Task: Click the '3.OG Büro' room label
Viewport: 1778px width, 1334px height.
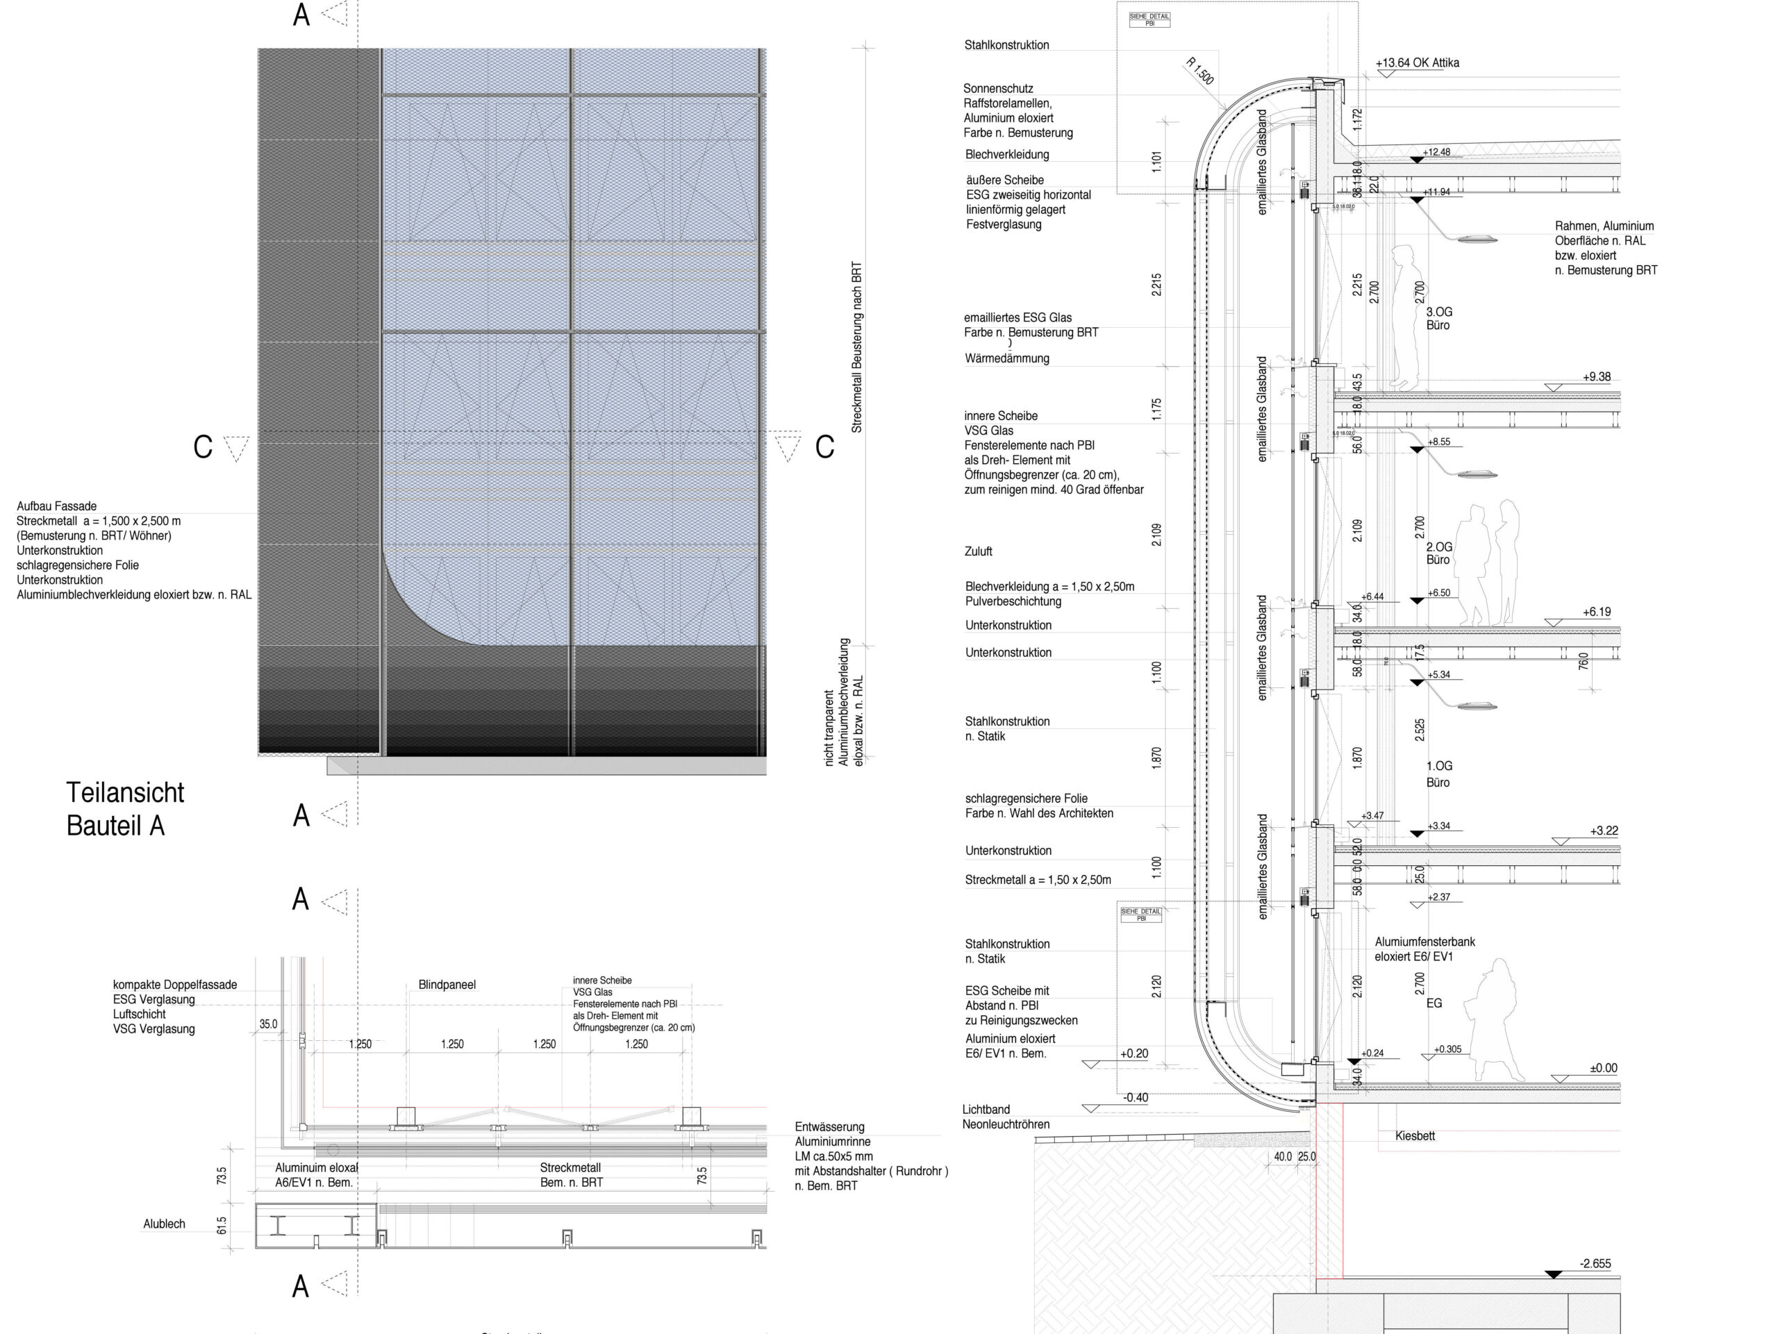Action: point(1439,318)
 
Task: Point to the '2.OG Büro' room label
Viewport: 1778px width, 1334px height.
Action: point(1439,553)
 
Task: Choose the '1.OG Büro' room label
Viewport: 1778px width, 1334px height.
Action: point(1439,774)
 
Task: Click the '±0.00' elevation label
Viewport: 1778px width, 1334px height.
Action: point(1603,1068)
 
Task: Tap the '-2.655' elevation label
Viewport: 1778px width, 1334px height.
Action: point(1595,1263)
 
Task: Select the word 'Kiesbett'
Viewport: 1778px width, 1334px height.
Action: point(1415,1135)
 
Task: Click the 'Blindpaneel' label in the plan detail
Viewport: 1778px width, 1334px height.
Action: point(447,985)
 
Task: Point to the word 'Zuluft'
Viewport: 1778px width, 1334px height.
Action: point(978,551)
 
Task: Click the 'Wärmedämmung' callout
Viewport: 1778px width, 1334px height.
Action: point(1007,358)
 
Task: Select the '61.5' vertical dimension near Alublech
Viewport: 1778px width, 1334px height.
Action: point(222,1226)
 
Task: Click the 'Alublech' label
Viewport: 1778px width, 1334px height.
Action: point(164,1224)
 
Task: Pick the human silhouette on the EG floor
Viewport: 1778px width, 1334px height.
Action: point(1493,1019)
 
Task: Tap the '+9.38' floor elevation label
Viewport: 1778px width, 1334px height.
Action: point(1596,377)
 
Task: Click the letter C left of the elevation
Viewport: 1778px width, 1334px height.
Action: point(203,447)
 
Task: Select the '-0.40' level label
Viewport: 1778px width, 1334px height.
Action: point(1135,1097)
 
